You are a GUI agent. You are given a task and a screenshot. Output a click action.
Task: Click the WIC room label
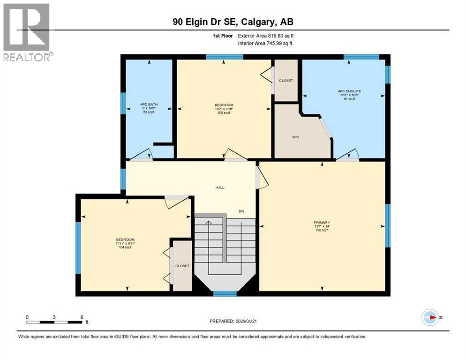pyautogui.click(x=295, y=137)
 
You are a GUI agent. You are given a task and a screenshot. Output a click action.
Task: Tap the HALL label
pyautogui.click(x=220, y=187)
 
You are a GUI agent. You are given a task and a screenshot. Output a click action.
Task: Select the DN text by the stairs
pyautogui.click(x=241, y=211)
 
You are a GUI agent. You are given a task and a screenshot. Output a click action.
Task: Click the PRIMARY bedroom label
pyautogui.click(x=322, y=222)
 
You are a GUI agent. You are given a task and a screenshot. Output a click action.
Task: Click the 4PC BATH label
pyautogui.click(x=148, y=104)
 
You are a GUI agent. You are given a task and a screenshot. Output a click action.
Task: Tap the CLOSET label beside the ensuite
pyautogui.click(x=286, y=81)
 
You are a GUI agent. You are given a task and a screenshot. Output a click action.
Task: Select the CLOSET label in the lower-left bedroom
pyautogui.click(x=182, y=266)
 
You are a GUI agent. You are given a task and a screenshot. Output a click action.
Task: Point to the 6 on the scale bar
pyautogui.click(x=82, y=317)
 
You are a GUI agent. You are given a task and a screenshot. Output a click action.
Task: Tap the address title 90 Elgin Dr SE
pyautogui.click(x=233, y=22)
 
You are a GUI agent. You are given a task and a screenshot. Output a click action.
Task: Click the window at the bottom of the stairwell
pyautogui.click(x=225, y=294)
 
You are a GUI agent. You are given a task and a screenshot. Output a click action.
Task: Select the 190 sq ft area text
pyautogui.click(x=322, y=231)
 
